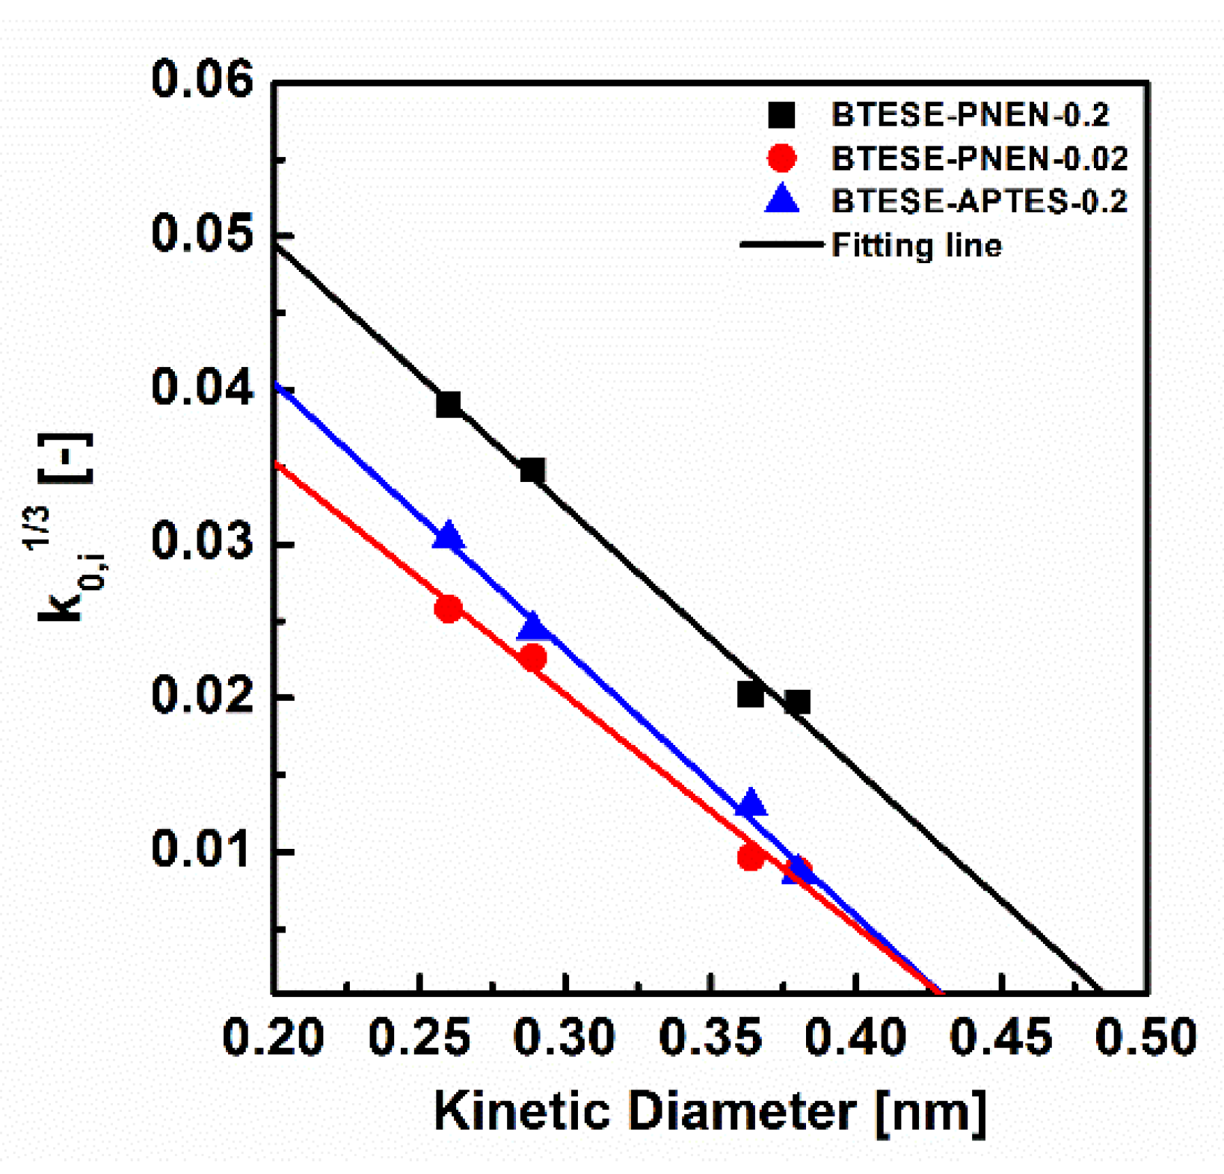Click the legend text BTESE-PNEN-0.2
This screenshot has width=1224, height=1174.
(x=970, y=115)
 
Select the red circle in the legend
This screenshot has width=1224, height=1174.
(x=782, y=158)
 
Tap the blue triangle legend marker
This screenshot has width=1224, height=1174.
(x=782, y=200)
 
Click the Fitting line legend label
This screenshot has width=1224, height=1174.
(x=917, y=245)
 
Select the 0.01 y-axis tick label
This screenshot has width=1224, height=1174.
(x=203, y=850)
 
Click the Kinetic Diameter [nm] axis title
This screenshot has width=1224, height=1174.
(x=710, y=1111)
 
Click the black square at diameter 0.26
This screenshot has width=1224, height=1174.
(x=449, y=405)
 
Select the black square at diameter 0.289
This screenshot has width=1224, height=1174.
(x=532, y=471)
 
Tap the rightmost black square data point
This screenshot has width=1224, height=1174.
(x=797, y=702)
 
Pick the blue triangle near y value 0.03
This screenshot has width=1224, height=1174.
(x=449, y=537)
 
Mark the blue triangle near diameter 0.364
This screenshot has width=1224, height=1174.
(x=751, y=803)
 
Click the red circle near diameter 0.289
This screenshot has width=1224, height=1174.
(x=532, y=658)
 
